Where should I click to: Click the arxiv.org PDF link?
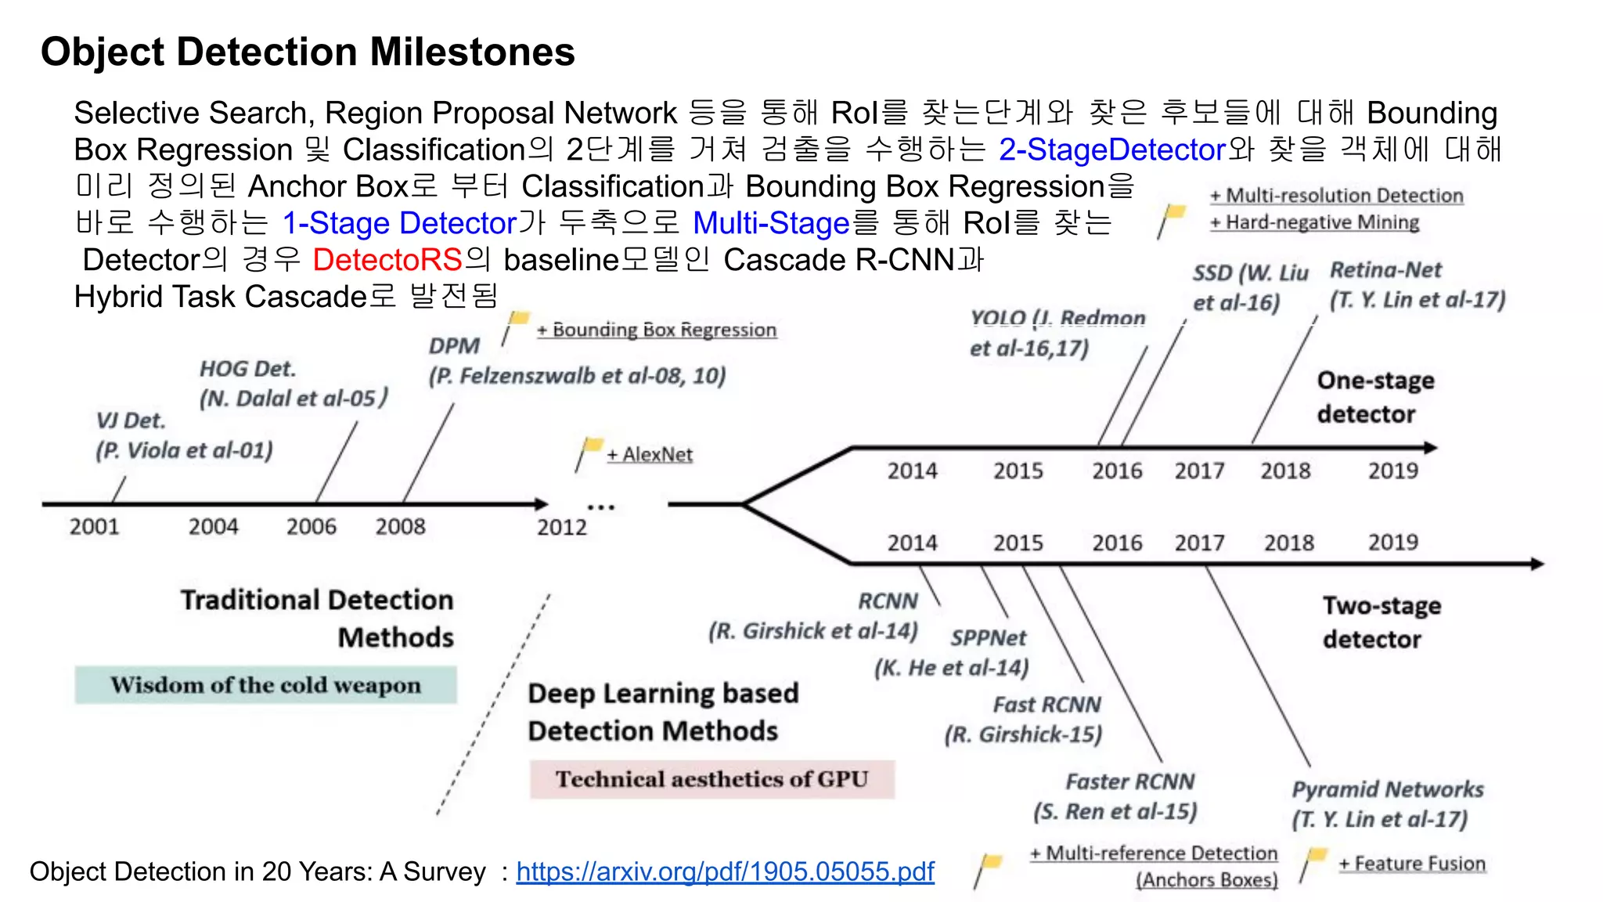click(725, 871)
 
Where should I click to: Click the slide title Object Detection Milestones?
click(308, 52)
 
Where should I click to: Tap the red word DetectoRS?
click(387, 260)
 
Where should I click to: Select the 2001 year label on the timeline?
click(94, 526)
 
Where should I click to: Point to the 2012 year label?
click(561, 527)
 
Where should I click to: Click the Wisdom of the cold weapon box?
click(265, 685)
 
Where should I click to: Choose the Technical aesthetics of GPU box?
click(711, 779)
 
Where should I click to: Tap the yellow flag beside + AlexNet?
click(593, 446)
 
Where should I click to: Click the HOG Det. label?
click(247, 369)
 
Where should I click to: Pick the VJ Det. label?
click(131, 420)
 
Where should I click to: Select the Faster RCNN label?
click(1129, 781)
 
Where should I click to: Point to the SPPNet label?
click(988, 638)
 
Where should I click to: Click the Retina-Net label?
click(1385, 270)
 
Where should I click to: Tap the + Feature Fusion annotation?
click(1411, 864)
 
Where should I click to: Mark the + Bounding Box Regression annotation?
click(657, 330)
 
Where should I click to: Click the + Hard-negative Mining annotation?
click(1314, 223)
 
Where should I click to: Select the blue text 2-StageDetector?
click(1111, 150)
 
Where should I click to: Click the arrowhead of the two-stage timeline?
click(1537, 564)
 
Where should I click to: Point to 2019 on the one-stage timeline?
click(1392, 471)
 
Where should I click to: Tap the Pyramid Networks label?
click(1387, 789)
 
